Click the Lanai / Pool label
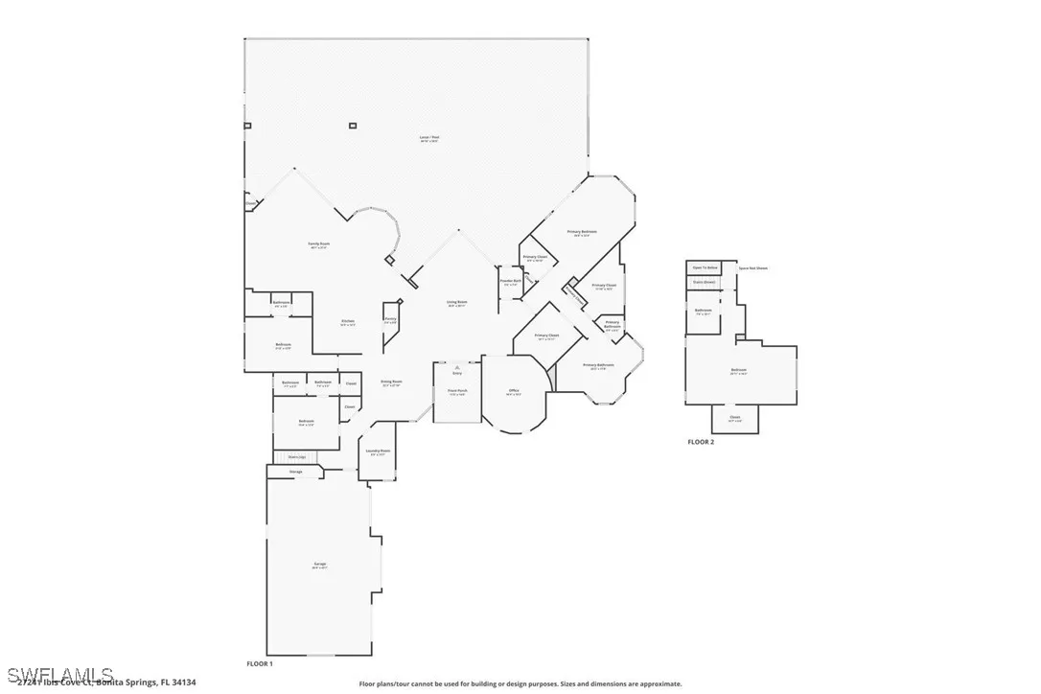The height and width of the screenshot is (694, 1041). (x=428, y=138)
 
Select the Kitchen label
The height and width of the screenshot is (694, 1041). (x=348, y=322)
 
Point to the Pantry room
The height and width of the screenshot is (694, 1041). (x=390, y=320)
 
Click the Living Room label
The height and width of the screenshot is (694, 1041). (x=456, y=304)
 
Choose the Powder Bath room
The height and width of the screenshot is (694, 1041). (x=508, y=283)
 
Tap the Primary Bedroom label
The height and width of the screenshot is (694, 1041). (x=582, y=233)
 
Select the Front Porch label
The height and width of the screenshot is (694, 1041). (x=457, y=392)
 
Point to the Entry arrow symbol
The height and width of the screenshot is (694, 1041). (x=457, y=367)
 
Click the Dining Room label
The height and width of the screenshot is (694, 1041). (x=391, y=382)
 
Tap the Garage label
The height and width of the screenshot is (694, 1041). (x=319, y=565)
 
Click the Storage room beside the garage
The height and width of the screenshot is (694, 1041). (x=296, y=472)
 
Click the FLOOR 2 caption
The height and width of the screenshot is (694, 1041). (x=701, y=442)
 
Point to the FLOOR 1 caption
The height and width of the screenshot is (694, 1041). (x=260, y=663)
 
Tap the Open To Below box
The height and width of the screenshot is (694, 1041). (x=705, y=268)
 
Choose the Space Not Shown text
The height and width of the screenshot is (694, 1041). (x=752, y=268)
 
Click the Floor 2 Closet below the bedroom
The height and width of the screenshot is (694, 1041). (x=735, y=418)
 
